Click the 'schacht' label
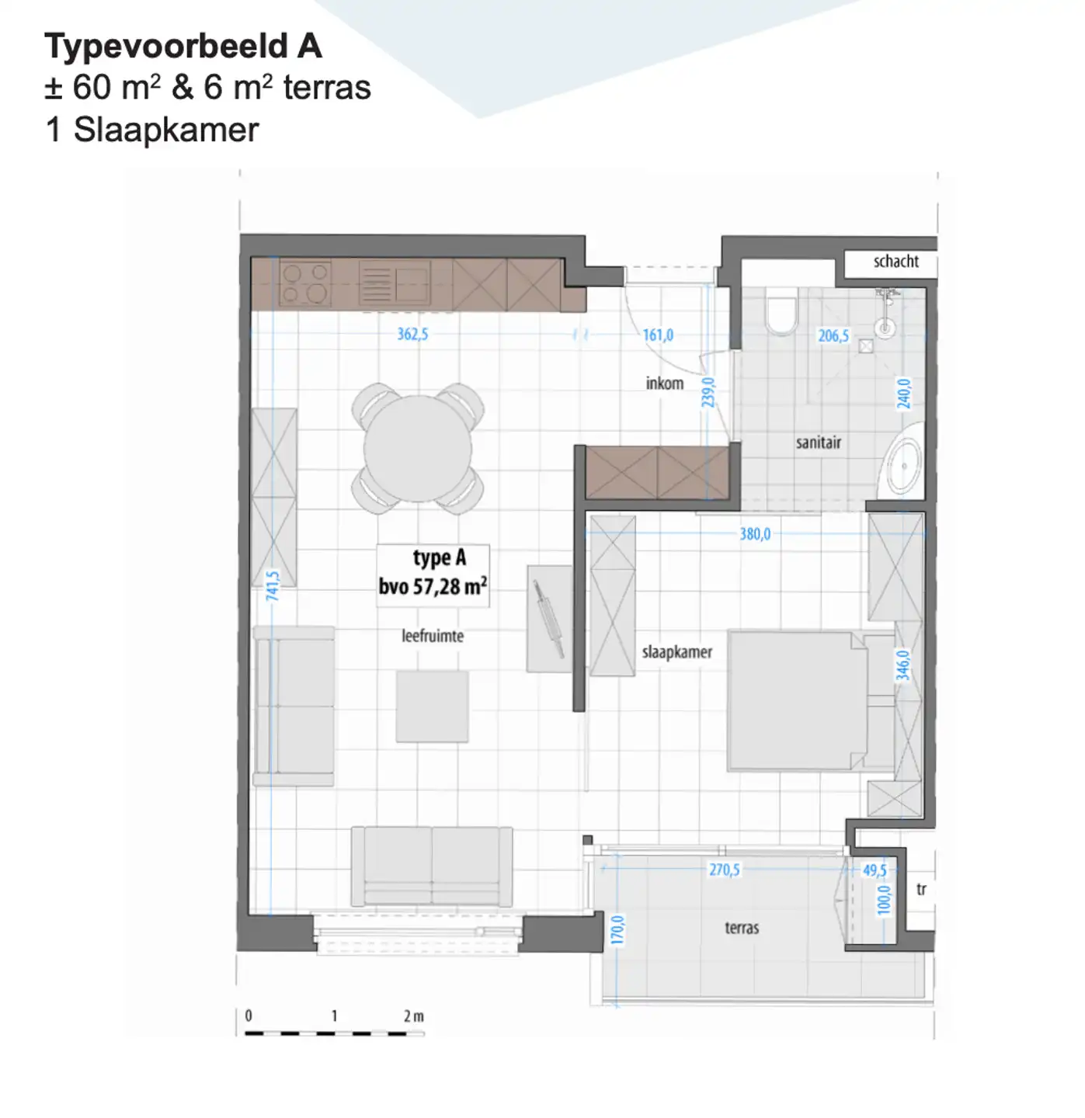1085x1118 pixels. click(895, 262)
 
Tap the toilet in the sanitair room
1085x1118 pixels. click(781, 314)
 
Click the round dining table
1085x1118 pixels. click(418, 449)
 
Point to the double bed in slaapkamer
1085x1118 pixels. click(798, 701)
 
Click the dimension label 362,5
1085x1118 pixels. click(412, 335)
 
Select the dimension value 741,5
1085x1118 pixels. click(273, 585)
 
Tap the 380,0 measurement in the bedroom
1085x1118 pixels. click(755, 534)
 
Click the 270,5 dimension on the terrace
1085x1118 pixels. click(725, 870)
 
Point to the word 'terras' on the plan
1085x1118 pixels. click(742, 928)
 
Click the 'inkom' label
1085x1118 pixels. click(665, 384)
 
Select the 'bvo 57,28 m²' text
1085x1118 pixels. click(433, 586)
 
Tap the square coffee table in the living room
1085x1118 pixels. click(432, 707)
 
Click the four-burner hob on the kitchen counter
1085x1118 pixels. click(305, 283)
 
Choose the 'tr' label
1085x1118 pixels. click(921, 890)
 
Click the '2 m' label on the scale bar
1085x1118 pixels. click(414, 1016)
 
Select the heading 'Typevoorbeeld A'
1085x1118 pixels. click(183, 47)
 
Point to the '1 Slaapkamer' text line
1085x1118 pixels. click(152, 130)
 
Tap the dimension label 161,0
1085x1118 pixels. click(658, 335)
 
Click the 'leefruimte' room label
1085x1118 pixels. click(433, 637)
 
